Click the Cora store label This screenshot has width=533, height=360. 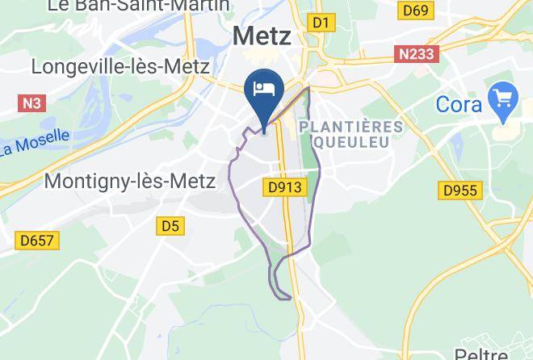coord(459,104)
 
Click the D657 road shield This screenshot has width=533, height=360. coord(36,240)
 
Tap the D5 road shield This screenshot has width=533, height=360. coord(170,226)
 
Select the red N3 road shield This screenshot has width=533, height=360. coord(30,103)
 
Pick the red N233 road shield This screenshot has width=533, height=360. coord(416,54)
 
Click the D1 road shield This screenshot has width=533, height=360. coord(321,23)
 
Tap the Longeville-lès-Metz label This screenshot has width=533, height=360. coord(121,66)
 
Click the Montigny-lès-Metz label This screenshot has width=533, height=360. coord(129,181)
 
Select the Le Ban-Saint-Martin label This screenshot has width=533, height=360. coord(138,6)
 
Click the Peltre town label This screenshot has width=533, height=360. coord(481,354)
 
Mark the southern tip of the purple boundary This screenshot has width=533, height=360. coord(288,299)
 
